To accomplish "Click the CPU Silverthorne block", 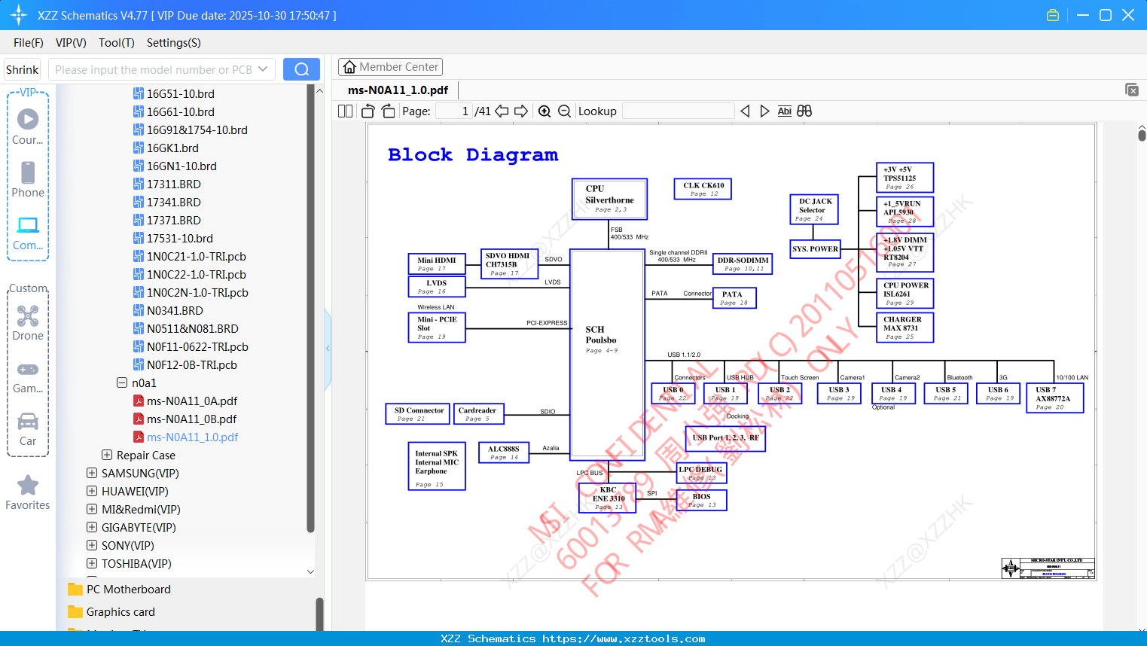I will [x=609, y=199].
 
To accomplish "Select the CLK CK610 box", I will [x=702, y=189].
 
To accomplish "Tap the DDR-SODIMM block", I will [x=743, y=264].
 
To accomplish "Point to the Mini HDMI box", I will [x=436, y=264].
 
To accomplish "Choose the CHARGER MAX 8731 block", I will [x=904, y=328].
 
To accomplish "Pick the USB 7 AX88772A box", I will [x=1054, y=398].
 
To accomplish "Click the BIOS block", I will [x=701, y=500].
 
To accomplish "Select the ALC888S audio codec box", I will [x=503, y=452].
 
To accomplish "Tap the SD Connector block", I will [x=418, y=413].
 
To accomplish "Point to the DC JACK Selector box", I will [x=816, y=209].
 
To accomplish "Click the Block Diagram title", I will [x=473, y=155].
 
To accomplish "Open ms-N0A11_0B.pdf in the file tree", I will [x=191, y=419].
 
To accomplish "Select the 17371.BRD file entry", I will [x=173, y=221].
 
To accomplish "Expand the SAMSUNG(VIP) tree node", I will [x=92, y=474].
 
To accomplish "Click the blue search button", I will [x=301, y=69].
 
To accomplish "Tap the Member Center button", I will [x=390, y=67].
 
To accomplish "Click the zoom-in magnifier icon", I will [x=545, y=111].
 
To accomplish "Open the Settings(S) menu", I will [x=173, y=43].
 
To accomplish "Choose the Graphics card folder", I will [x=120, y=612].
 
